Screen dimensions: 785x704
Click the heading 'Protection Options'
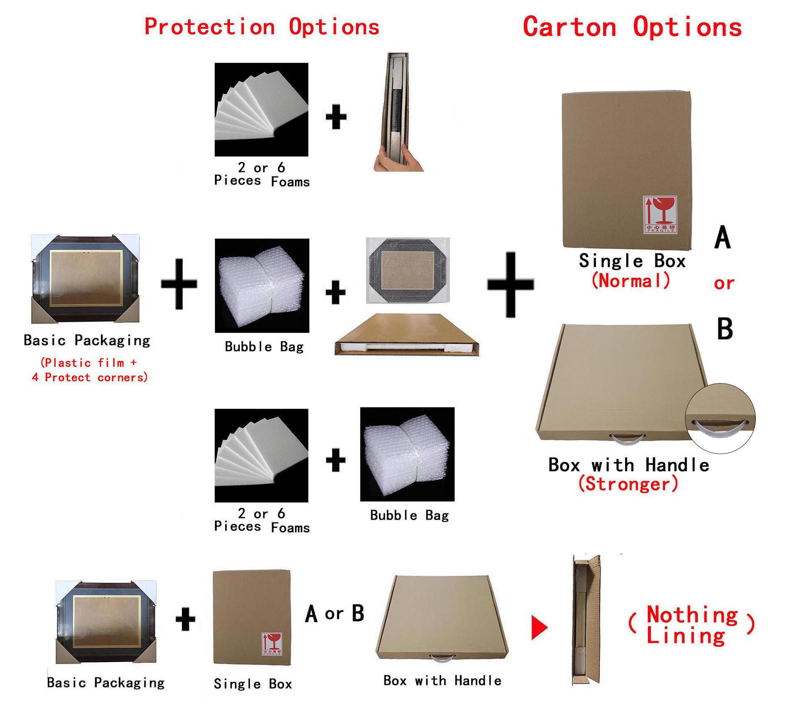coord(262,27)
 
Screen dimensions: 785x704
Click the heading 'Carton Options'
coord(632,27)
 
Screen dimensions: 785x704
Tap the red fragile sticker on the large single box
coord(660,214)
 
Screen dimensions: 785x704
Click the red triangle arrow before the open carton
coord(540,627)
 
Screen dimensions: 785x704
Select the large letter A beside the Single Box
coord(723,237)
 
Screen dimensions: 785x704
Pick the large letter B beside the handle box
coord(725,329)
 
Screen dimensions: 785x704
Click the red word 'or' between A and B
coord(724,284)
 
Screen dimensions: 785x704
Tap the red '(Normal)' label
coord(631,280)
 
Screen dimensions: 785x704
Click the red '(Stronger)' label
coord(628,484)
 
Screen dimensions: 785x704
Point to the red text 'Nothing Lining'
coord(692,625)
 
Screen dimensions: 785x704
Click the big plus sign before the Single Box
coord(511,285)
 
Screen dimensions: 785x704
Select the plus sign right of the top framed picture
coord(179,285)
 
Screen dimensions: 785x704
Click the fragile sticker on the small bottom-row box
coord(272,644)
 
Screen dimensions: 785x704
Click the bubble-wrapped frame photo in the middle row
coord(408,270)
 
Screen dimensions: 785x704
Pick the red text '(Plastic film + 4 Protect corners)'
coord(89,370)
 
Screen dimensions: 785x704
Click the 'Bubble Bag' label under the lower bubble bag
coord(409,515)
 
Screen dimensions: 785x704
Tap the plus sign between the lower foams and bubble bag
coord(335,460)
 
